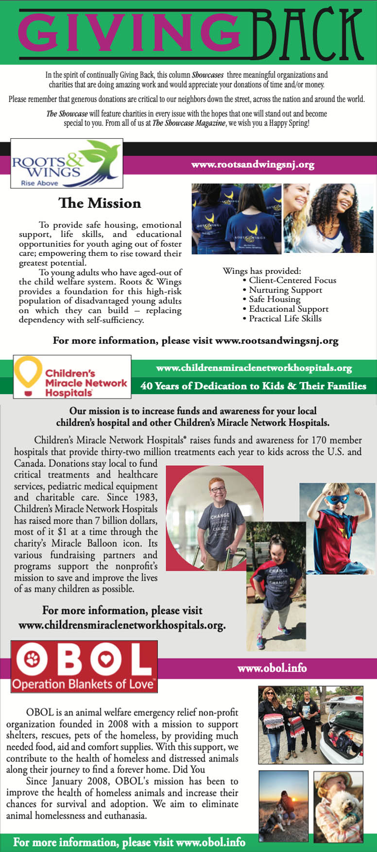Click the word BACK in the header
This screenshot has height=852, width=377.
308,33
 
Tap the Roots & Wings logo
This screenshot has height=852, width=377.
67,164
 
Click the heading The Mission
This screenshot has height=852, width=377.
100,203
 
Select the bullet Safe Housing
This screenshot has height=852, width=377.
274,299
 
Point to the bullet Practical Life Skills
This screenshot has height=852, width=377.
285,318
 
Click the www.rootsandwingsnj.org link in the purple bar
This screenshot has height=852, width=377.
253,165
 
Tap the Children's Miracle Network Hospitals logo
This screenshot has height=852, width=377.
72,377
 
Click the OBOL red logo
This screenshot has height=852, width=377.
84,666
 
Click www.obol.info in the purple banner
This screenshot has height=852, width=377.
272,668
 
